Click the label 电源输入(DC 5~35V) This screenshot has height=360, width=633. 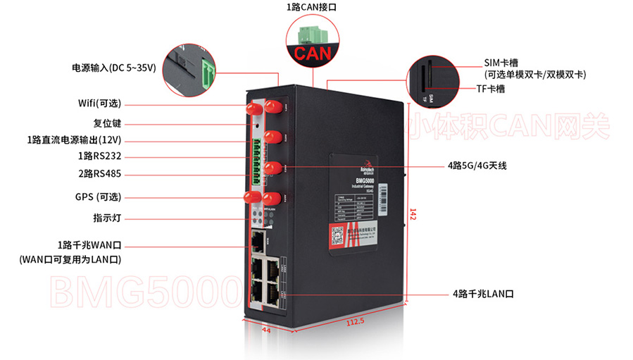[113, 68]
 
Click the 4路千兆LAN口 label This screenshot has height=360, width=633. [483, 294]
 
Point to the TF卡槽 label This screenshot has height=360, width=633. [489, 89]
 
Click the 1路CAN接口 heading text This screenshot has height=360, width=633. [312, 7]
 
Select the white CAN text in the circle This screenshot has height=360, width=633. [312, 54]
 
